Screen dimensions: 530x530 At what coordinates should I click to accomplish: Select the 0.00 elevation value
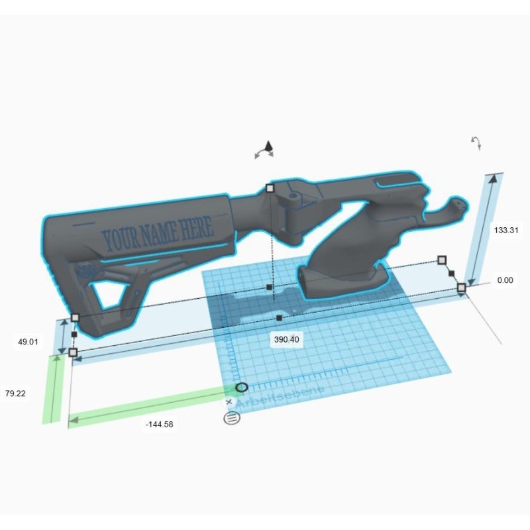tap(505, 280)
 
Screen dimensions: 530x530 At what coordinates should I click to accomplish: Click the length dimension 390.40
tap(286, 339)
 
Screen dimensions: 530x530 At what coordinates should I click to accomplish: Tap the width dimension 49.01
tap(28, 342)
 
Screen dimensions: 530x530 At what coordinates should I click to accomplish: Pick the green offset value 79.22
tap(15, 394)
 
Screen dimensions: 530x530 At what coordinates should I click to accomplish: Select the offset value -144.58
tap(159, 424)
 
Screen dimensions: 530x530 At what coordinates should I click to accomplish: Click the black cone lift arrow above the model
tap(268, 146)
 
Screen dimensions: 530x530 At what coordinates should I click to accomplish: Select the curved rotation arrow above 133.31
tap(476, 143)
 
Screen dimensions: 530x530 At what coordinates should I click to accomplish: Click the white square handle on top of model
tap(270, 189)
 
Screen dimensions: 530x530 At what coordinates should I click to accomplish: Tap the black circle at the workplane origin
tap(241, 387)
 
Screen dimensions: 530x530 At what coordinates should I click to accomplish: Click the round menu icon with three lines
tap(232, 417)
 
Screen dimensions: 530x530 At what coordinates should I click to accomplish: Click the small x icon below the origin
tap(229, 401)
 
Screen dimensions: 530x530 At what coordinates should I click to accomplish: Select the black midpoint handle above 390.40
tap(279, 319)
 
